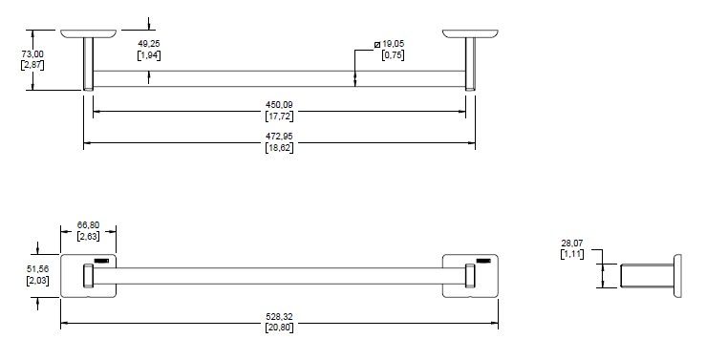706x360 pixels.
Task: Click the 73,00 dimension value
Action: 32,54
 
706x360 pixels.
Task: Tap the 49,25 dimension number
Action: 149,44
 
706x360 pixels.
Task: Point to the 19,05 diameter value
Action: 393,44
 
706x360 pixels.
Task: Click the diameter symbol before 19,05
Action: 377,44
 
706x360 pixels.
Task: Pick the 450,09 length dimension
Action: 279,105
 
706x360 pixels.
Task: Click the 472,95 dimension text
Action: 279,136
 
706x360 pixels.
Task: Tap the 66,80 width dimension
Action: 88,225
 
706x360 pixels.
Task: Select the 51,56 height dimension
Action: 38,269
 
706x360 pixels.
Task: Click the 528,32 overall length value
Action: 279,317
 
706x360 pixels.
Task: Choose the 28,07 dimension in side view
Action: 572,243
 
